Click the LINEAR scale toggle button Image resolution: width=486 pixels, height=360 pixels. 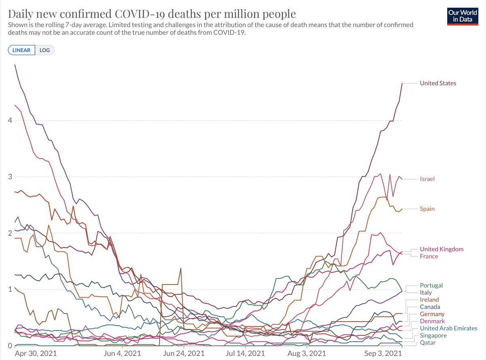pyautogui.click(x=21, y=50)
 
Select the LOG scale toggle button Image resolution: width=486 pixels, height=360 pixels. pyautogui.click(x=45, y=50)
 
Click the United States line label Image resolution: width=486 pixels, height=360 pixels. pyautogui.click(x=438, y=83)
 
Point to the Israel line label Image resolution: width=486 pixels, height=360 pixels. pyautogui.click(x=427, y=179)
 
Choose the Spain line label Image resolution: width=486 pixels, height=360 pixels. pyautogui.click(x=427, y=209)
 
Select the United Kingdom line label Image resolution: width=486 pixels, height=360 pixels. pyautogui.click(x=441, y=249)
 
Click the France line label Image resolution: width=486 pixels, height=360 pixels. pyautogui.click(x=428, y=256)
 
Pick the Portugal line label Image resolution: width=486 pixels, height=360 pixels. pyautogui.click(x=431, y=285)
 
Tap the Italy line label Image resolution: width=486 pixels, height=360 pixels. pyautogui.click(x=426, y=292)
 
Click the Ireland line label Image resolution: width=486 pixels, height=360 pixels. pyautogui.click(x=429, y=300)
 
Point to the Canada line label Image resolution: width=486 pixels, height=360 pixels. pyautogui.click(x=430, y=307)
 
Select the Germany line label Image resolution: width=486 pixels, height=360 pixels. pyautogui.click(x=432, y=314)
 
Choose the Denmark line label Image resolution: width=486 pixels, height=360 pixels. pyautogui.click(x=432, y=321)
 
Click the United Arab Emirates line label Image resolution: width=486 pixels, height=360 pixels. pyautogui.click(x=448, y=328)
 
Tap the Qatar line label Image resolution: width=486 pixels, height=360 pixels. pyautogui.click(x=427, y=343)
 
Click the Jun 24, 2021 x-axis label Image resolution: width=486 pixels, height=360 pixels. pyautogui.click(x=183, y=353)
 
